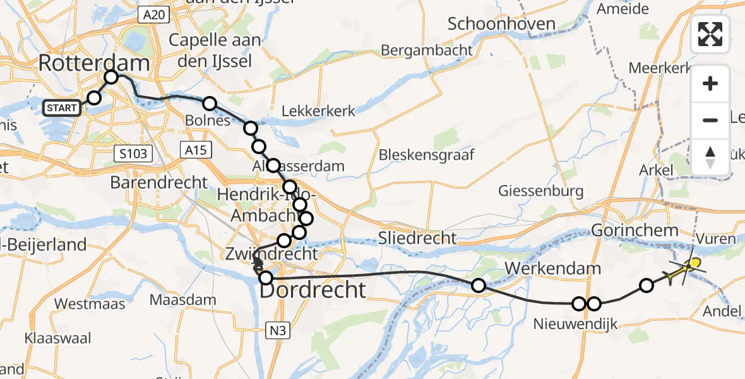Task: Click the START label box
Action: point(61,108)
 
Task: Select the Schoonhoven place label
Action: point(501,25)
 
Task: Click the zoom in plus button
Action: point(710,84)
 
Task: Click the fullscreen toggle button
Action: point(710,34)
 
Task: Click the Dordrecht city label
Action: point(313,290)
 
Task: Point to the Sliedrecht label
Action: point(417,238)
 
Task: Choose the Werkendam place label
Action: point(552,269)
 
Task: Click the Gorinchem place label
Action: point(635,231)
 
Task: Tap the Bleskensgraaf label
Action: point(426,155)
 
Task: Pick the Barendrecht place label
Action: point(159,183)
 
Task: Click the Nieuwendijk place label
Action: point(574,324)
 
